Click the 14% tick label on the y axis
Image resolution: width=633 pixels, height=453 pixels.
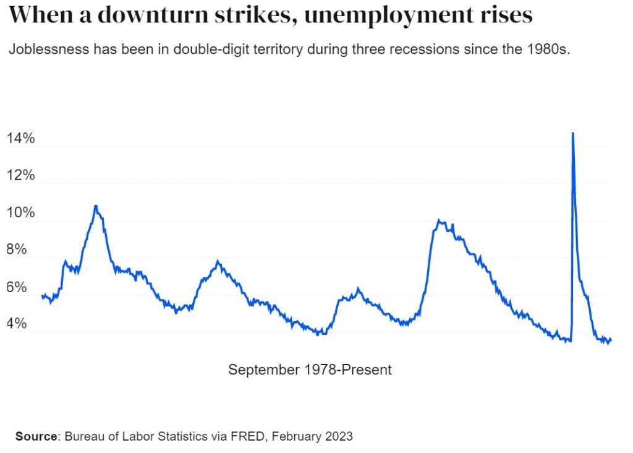(x=20, y=139)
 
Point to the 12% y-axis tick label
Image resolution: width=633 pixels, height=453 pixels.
(x=20, y=176)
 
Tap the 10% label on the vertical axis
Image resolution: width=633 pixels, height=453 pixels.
(x=20, y=213)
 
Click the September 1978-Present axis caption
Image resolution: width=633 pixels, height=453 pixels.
(x=310, y=370)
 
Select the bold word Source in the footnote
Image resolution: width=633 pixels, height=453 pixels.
(x=36, y=436)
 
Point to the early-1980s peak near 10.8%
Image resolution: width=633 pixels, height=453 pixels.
(x=95, y=205)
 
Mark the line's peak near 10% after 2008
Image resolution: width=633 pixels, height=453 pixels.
(x=438, y=220)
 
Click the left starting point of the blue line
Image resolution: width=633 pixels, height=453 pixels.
(x=42, y=296)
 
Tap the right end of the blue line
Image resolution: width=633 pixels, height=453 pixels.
(x=611, y=339)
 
